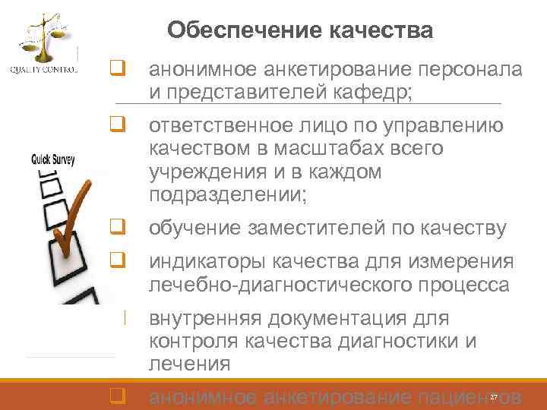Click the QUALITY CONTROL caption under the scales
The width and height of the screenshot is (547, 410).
pos(43,71)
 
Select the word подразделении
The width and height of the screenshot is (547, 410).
pos(225,195)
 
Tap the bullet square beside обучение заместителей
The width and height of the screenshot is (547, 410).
pos(117,226)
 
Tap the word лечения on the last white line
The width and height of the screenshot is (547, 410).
pos(189,364)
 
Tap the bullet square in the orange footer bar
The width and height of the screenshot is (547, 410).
pos(117,396)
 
